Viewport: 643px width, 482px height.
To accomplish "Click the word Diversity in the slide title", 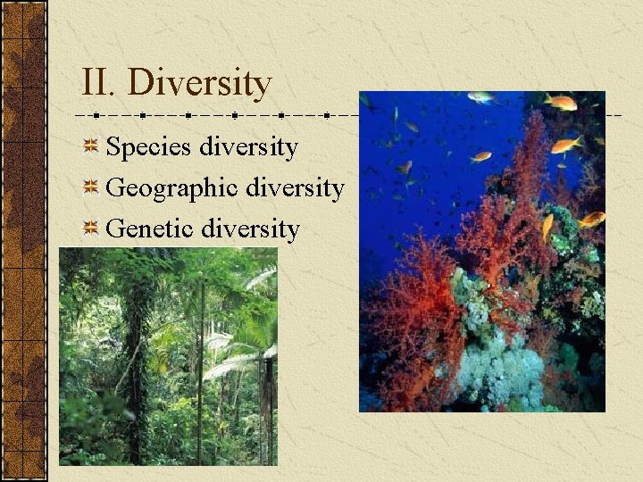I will click(x=199, y=83).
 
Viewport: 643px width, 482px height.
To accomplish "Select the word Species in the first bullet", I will click(x=150, y=147).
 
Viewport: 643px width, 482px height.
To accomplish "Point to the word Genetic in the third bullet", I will click(x=150, y=229).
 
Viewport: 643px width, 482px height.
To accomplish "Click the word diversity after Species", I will click(x=249, y=146).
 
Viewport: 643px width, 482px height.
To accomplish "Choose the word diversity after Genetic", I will click(x=251, y=229).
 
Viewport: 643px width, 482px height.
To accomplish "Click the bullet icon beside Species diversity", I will click(x=90, y=146).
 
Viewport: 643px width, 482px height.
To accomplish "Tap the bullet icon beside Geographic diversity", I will click(x=90, y=187).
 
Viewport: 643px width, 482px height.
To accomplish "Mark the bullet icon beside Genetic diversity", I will click(x=90, y=229).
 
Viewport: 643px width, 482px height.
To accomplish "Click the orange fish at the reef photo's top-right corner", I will click(x=561, y=102).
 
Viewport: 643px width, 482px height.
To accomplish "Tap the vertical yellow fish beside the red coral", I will click(x=547, y=227).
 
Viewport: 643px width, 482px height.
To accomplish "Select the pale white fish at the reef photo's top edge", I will click(x=480, y=97).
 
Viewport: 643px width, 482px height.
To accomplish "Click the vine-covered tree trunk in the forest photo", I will click(x=137, y=357).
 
